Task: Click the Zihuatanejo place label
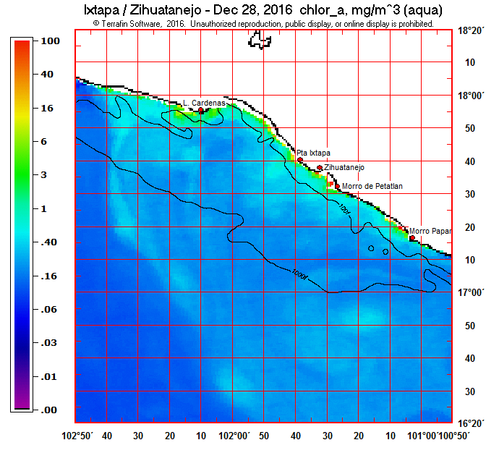click(x=344, y=167)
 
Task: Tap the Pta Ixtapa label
click(x=314, y=153)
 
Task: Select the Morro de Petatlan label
click(x=372, y=186)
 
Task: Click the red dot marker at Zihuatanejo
click(x=320, y=168)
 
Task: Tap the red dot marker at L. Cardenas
click(x=201, y=111)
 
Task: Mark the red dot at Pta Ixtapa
click(x=300, y=159)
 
